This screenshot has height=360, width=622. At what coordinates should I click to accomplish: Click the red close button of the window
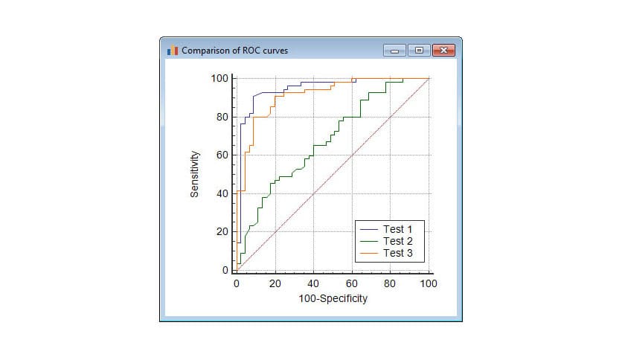pyautogui.click(x=443, y=51)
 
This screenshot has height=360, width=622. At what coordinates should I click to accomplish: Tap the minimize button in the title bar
pyautogui.click(x=394, y=51)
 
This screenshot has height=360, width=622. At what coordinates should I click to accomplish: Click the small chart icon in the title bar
pyautogui.click(x=173, y=51)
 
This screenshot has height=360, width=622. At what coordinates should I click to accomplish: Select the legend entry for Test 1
pyautogui.click(x=392, y=228)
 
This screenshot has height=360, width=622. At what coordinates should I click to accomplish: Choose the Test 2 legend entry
pyautogui.click(x=392, y=241)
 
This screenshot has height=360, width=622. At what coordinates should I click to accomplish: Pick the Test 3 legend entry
pyautogui.click(x=392, y=254)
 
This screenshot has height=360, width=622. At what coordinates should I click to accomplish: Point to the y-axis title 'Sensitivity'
pyautogui.click(x=195, y=174)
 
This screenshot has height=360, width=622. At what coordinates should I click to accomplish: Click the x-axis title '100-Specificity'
pyautogui.click(x=333, y=299)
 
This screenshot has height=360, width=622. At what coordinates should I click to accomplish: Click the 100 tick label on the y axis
pyautogui.click(x=219, y=78)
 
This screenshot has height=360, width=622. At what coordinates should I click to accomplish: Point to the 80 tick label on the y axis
pyautogui.click(x=222, y=117)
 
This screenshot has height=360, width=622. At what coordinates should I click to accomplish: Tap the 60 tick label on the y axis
pyautogui.click(x=222, y=155)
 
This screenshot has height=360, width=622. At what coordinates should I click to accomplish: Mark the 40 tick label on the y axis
pyautogui.click(x=222, y=193)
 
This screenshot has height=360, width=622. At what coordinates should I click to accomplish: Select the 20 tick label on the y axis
pyautogui.click(x=222, y=232)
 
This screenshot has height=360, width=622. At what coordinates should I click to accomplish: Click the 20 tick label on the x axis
pyautogui.click(x=275, y=283)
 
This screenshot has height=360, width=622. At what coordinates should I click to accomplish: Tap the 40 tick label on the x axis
pyautogui.click(x=313, y=283)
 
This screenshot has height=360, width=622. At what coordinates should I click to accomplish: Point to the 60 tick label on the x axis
pyautogui.click(x=352, y=283)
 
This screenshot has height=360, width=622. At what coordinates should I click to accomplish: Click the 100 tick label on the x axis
pyautogui.click(x=429, y=283)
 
